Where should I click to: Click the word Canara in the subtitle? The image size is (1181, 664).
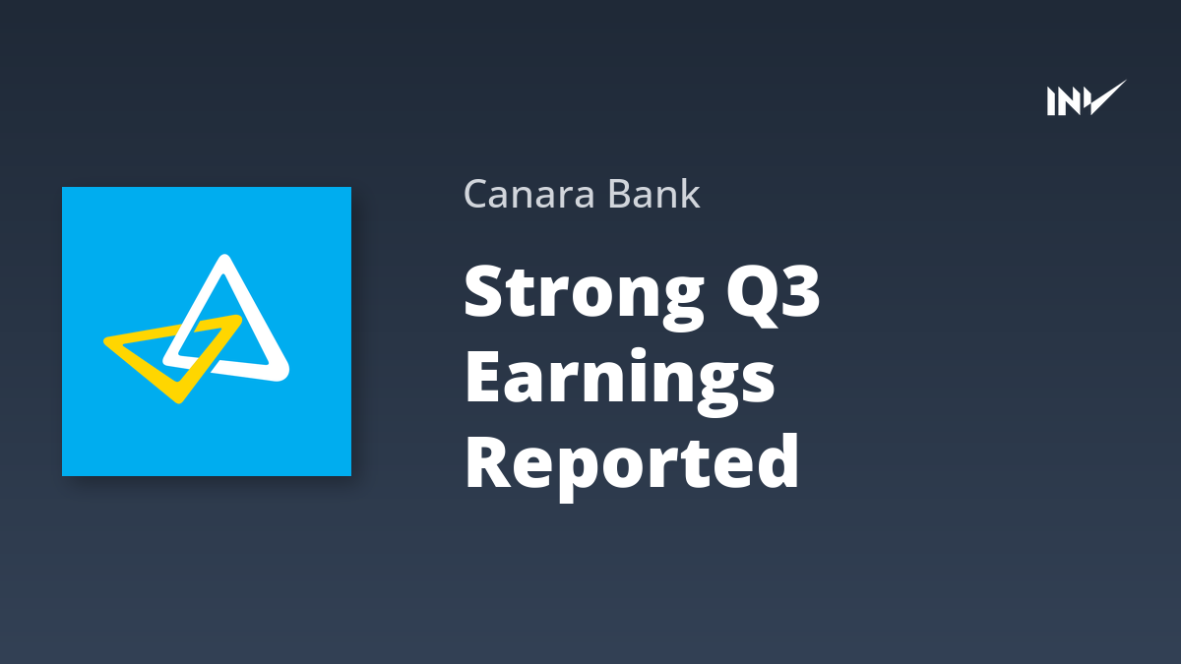[x=529, y=194]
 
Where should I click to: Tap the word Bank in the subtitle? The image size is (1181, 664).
[x=653, y=193]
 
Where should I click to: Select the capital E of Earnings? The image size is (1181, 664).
[x=482, y=376]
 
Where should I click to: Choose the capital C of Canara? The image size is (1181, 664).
[x=477, y=194]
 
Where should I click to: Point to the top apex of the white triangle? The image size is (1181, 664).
[x=225, y=258]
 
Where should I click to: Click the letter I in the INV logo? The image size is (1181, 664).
[x=1051, y=101]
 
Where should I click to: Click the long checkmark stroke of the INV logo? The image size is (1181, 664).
[x=1107, y=97]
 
